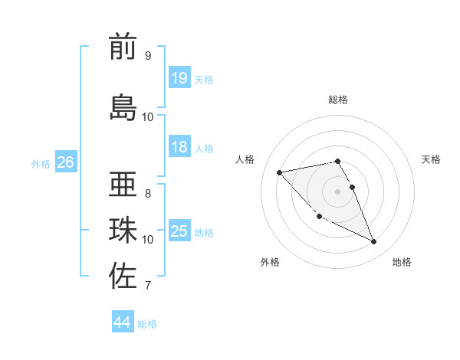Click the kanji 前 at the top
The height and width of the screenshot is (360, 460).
coord(123,47)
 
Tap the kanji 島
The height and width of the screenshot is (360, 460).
coord(123,107)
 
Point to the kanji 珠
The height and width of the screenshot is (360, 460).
coord(123,231)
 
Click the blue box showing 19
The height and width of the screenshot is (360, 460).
coord(179,77)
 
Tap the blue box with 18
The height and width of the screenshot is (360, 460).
coord(179,147)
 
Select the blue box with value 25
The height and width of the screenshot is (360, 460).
coord(179,231)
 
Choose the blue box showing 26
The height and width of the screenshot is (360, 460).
coord(66,162)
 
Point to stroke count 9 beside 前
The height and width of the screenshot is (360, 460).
coord(147,56)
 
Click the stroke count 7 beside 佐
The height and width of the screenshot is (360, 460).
coord(147,286)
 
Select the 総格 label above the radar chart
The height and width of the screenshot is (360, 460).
coord(338,100)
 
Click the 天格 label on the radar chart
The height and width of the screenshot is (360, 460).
coord(431,159)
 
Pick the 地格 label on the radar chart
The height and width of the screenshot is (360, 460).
coord(402,263)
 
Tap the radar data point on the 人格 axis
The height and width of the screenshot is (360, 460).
coord(280,172)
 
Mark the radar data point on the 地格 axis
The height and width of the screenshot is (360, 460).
coord(374,242)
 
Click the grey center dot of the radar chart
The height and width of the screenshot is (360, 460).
coord(338,191)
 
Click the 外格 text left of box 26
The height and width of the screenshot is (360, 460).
coord(41,163)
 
